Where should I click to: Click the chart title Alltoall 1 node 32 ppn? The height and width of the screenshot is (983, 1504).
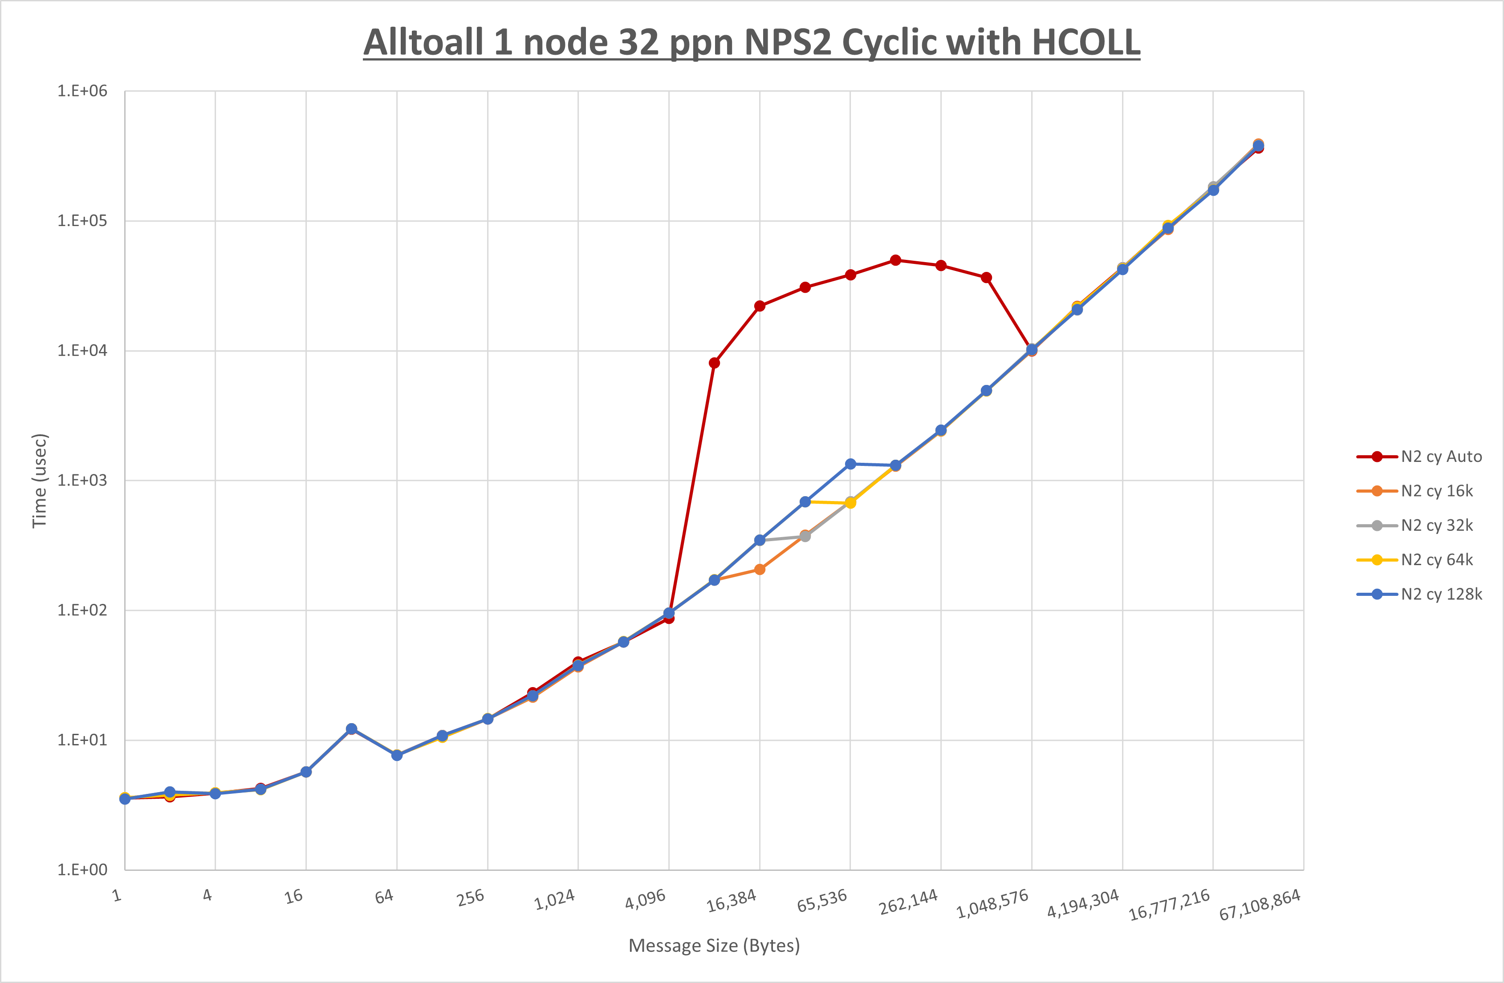[x=752, y=43]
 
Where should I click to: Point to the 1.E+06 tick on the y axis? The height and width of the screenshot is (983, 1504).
[x=82, y=91]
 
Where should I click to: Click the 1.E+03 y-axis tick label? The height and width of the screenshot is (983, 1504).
[x=82, y=480]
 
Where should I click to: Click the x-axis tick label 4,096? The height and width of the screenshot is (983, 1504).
[x=645, y=899]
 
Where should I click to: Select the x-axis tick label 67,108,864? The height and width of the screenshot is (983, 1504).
[x=1260, y=905]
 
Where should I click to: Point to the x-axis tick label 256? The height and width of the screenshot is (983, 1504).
[x=471, y=897]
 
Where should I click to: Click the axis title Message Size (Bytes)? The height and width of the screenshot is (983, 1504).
[x=714, y=946]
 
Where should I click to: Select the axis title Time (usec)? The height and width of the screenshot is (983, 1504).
[x=40, y=480]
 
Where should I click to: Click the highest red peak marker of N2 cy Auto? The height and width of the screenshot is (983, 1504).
[x=895, y=260]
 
